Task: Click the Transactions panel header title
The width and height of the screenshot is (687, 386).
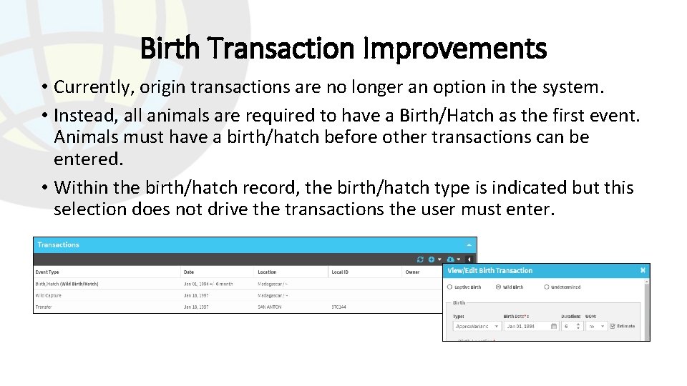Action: (59, 245)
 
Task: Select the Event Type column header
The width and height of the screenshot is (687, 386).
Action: (48, 272)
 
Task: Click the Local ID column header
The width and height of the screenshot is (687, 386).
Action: (340, 272)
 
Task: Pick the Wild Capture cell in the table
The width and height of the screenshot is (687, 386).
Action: (49, 295)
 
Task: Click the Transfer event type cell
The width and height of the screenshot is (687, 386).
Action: (44, 307)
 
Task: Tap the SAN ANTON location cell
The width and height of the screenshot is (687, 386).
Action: (270, 307)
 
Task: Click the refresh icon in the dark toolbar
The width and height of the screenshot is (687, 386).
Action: (421, 259)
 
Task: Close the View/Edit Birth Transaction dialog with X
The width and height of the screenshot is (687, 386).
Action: (643, 270)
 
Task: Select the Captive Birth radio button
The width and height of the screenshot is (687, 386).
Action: (450, 287)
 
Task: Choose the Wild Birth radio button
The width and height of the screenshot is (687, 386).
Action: (498, 287)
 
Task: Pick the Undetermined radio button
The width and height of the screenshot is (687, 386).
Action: (547, 287)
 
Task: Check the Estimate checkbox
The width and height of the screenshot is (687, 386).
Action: (613, 326)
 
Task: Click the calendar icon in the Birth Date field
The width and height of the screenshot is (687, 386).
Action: (554, 326)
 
